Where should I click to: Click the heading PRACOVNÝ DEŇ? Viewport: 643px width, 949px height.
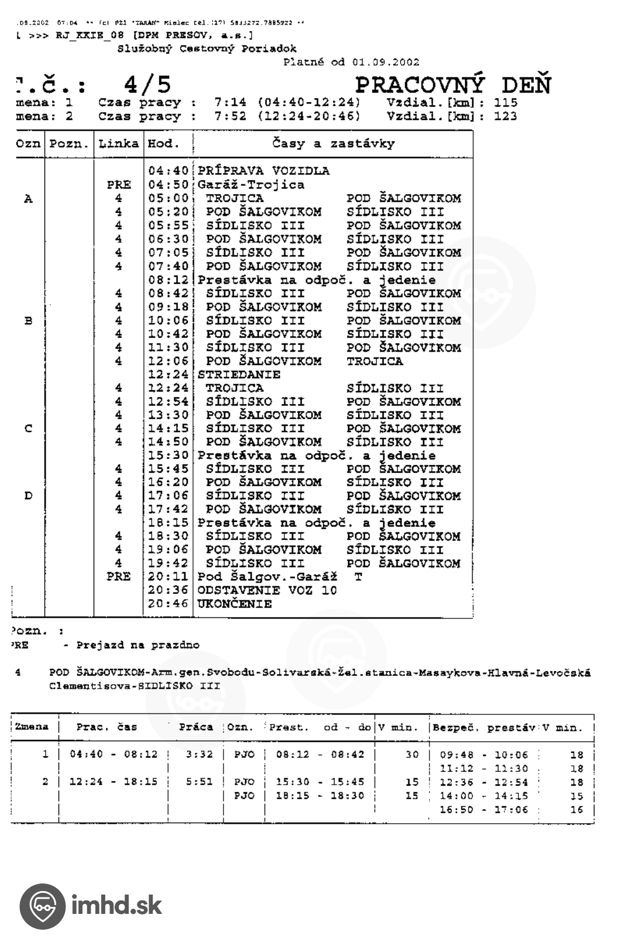pos(453,85)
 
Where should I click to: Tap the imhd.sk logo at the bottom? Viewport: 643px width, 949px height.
pos(91,906)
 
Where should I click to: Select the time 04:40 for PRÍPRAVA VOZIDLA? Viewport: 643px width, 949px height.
pos(168,171)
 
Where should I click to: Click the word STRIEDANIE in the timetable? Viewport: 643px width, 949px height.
pos(239,374)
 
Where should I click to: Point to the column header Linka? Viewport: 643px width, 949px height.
pos(118,143)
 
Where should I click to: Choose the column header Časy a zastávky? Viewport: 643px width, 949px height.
pos(333,143)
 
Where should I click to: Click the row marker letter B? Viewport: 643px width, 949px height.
pos(28,321)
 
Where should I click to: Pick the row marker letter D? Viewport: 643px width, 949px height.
pos(28,496)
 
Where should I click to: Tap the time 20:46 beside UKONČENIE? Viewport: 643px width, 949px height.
pos(168,604)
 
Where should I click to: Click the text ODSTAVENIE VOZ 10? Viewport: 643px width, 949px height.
pos(267,590)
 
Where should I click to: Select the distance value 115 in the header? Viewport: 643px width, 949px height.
pos(506,102)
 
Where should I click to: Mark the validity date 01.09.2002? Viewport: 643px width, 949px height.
pos(386,61)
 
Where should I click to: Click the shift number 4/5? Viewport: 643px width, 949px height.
pos(147,85)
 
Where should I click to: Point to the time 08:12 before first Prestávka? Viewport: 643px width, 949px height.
pos(168,280)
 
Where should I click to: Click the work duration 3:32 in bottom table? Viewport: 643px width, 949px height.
pos(199,754)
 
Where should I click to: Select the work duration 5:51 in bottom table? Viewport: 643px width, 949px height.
pos(199,782)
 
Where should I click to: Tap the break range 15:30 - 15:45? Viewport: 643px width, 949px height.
pos(319,782)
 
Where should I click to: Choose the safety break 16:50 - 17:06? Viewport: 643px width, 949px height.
pos(483,810)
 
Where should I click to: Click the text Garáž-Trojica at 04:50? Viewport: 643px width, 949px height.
pos(251,185)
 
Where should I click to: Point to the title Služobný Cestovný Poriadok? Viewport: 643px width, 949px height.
pos(207,49)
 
